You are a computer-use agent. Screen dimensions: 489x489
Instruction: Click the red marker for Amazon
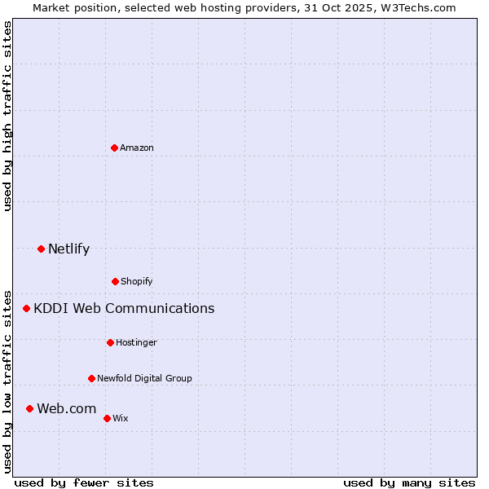coord(114,148)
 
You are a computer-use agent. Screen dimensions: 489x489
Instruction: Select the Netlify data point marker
coord(41,249)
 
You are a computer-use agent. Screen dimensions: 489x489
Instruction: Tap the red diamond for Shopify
coord(115,281)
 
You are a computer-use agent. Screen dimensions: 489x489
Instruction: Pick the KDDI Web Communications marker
coord(26,308)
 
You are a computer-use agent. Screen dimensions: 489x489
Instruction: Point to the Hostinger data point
coord(110,342)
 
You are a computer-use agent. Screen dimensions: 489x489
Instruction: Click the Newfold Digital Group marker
coord(91,378)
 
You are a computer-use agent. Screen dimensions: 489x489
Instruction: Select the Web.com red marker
coord(29,408)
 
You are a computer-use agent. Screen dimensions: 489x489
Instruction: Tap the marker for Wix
coord(107,418)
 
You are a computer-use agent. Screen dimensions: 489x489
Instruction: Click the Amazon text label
coord(137,148)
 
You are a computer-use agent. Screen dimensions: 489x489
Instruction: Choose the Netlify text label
coord(68,249)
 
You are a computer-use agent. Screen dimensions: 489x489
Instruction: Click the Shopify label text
coord(137,281)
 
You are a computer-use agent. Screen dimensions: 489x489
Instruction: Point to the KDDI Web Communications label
coord(124,308)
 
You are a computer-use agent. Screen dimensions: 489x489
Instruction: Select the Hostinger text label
coord(136,342)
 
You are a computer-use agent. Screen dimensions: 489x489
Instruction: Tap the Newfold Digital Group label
coord(144,378)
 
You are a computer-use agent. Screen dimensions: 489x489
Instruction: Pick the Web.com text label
coord(67,408)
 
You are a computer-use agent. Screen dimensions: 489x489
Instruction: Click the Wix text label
coord(121,418)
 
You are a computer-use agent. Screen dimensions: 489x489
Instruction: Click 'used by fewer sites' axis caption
coord(84,482)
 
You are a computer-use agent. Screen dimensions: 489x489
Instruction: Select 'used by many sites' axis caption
coord(409,482)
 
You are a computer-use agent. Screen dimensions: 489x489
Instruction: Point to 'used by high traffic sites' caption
coord(7,116)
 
